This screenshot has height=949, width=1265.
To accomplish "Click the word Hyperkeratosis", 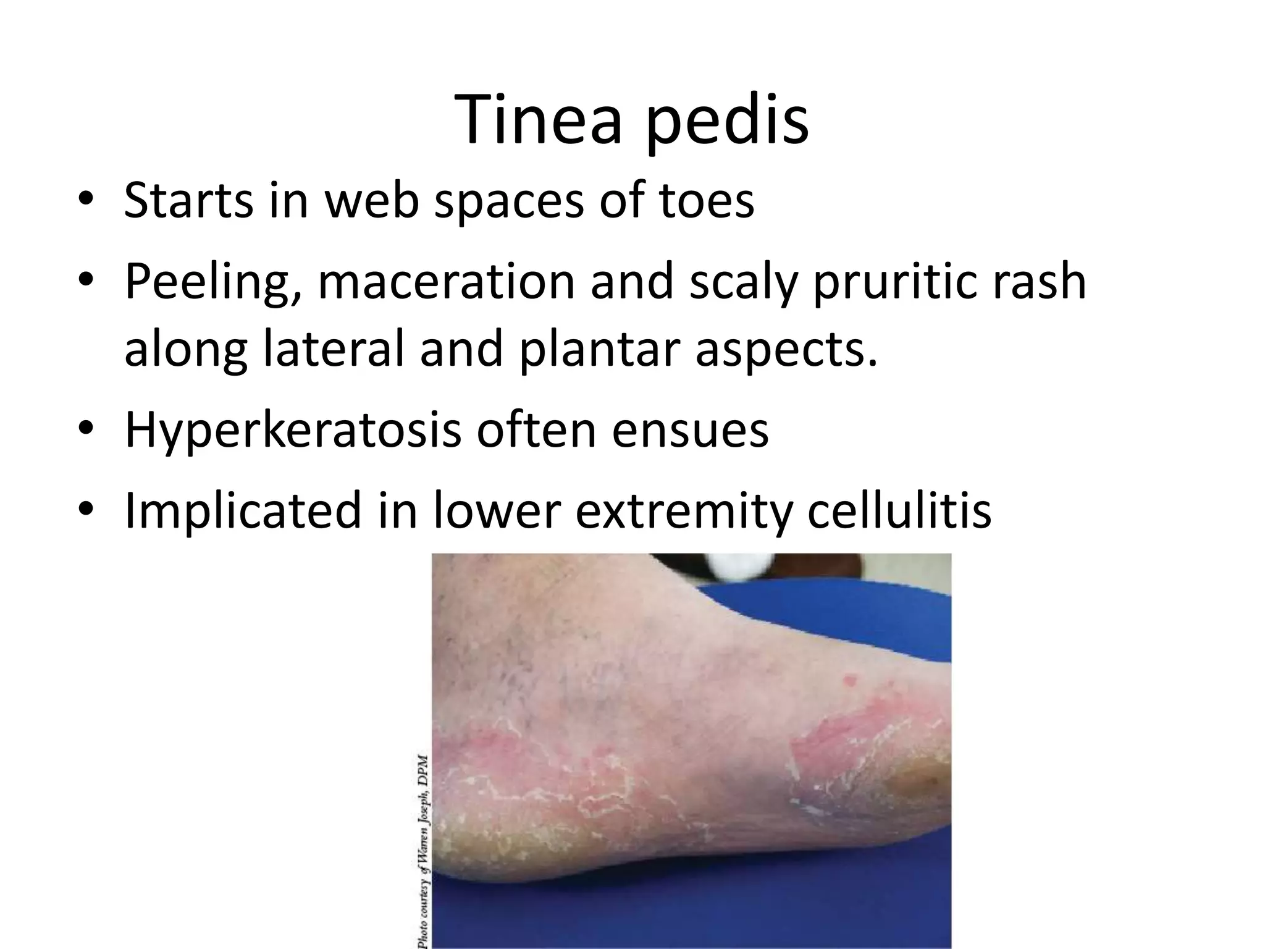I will (x=293, y=431).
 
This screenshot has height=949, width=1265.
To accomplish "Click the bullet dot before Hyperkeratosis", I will (x=86, y=428).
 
